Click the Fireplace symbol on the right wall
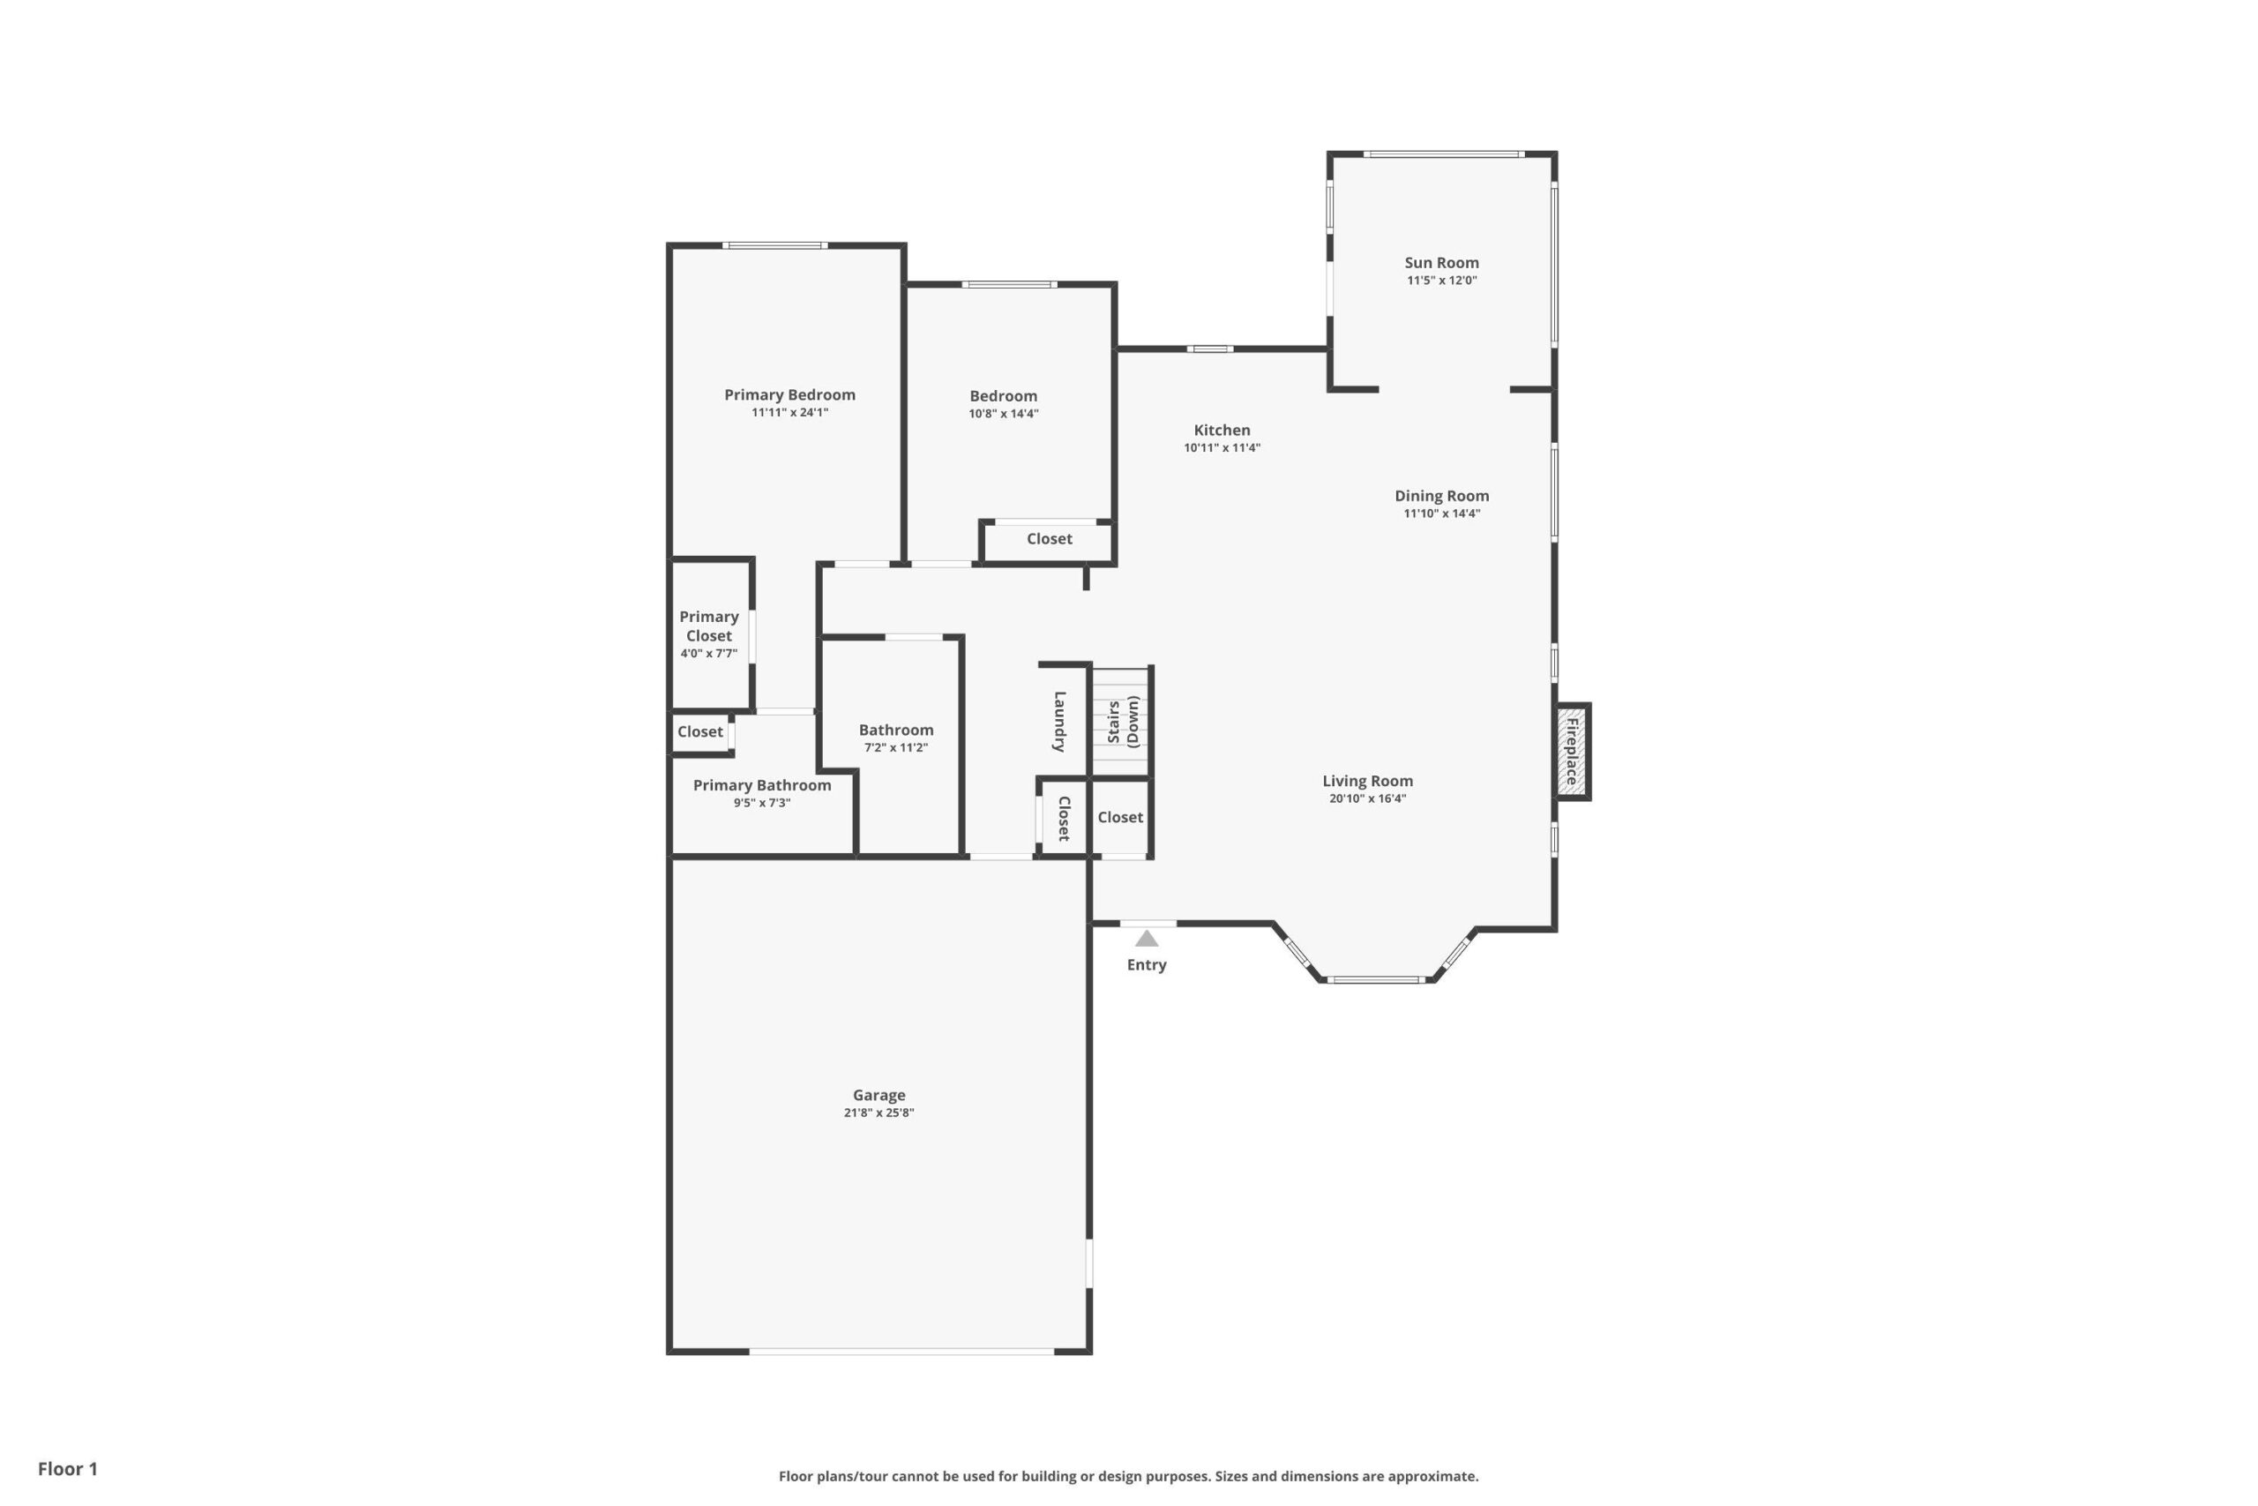(x=1572, y=752)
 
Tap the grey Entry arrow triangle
(x=1147, y=939)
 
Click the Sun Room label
(x=1441, y=262)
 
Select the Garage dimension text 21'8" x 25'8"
(x=879, y=1113)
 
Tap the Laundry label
(x=1060, y=722)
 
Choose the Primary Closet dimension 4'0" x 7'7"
(x=708, y=653)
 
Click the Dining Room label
(x=1441, y=496)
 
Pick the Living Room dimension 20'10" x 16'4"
(x=1367, y=798)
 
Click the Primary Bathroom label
(x=761, y=784)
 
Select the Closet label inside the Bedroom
(x=1049, y=539)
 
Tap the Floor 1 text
(x=67, y=1469)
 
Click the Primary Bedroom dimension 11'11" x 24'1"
(x=789, y=412)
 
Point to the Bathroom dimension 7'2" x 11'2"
(x=896, y=747)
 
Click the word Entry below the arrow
(x=1147, y=964)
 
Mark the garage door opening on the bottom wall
(x=901, y=1352)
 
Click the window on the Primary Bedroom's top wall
(x=774, y=246)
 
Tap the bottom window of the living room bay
(x=1375, y=979)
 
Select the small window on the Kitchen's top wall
(x=1209, y=348)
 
